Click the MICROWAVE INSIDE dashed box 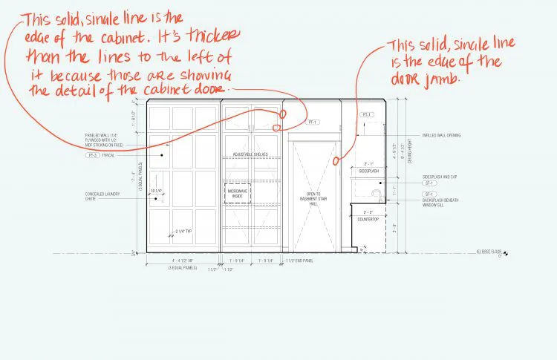point(235,192)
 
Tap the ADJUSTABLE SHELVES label point(251,154)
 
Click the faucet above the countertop point(377,196)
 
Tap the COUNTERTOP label point(368,220)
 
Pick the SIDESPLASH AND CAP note point(437,176)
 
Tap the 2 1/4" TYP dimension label point(183,231)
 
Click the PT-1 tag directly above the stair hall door point(312,122)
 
